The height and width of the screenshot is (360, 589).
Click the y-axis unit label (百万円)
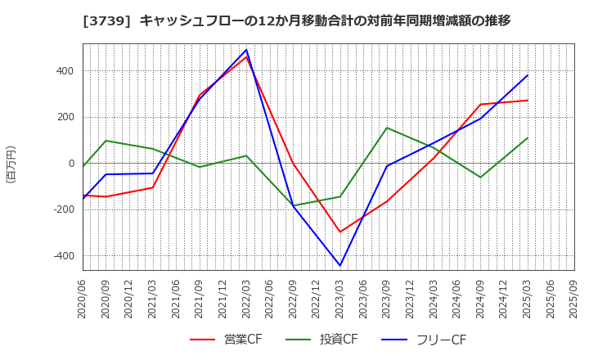[11, 164]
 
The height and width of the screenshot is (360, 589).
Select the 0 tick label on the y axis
[70, 164]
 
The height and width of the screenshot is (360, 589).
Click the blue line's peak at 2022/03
[246, 50]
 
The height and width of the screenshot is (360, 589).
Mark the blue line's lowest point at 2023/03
[340, 265]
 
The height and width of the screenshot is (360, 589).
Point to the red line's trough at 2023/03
[340, 232]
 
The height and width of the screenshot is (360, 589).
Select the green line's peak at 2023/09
[387, 128]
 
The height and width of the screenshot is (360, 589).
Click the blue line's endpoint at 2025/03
[528, 75]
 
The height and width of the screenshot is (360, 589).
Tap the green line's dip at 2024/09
[481, 177]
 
